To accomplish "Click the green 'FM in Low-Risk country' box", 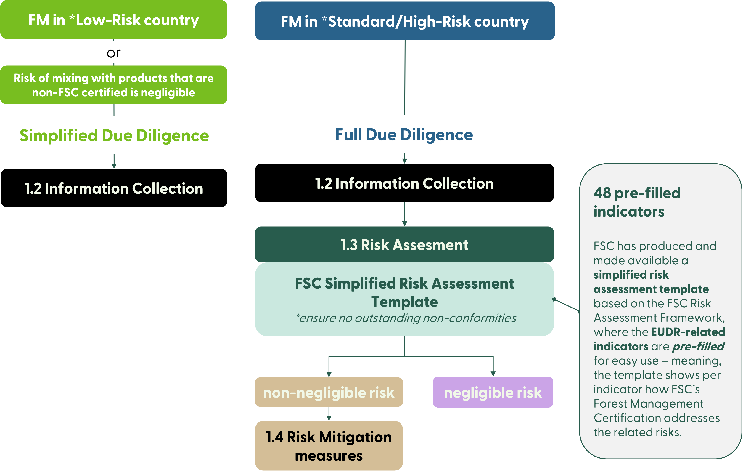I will click(114, 20).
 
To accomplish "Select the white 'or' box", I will click(114, 52).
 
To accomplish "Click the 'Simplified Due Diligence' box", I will click(114, 135).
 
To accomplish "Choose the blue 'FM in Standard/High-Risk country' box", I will click(405, 21).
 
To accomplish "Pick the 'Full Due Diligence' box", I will click(404, 134).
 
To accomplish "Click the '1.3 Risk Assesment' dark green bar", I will click(404, 245).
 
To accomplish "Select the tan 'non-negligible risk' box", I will click(329, 392).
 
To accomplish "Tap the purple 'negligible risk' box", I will click(493, 392).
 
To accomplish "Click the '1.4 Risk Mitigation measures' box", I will click(329, 446).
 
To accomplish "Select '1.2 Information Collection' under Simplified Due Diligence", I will click(114, 188).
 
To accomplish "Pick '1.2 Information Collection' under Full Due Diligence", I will click(404, 183).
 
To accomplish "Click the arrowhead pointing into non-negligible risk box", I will click(329, 374).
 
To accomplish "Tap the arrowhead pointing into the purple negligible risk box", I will click(493, 374).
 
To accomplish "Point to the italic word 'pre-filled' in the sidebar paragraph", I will click(698, 346).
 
